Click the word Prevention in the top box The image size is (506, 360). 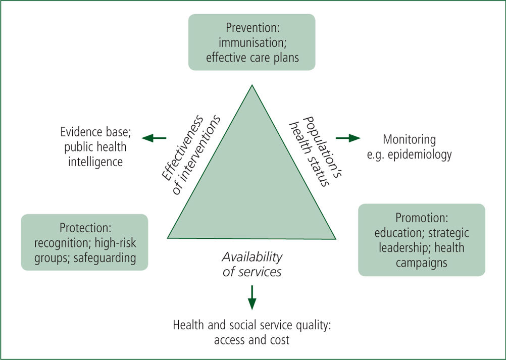251,28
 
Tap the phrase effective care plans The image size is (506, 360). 252,58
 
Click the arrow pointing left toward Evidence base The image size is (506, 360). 154,138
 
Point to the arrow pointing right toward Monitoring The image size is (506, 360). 348,138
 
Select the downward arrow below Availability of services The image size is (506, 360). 252,297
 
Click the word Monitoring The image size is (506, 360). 409,140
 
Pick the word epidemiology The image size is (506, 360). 420,155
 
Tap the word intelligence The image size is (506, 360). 95,162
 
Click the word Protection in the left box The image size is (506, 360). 85,228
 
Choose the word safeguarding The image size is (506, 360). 105,258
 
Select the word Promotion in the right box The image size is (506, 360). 422,218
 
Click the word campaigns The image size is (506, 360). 422,263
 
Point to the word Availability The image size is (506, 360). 252,257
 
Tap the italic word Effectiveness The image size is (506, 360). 183,147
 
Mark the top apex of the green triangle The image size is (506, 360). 252,85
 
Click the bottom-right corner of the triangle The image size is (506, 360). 336,239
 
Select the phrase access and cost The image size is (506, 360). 251,340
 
